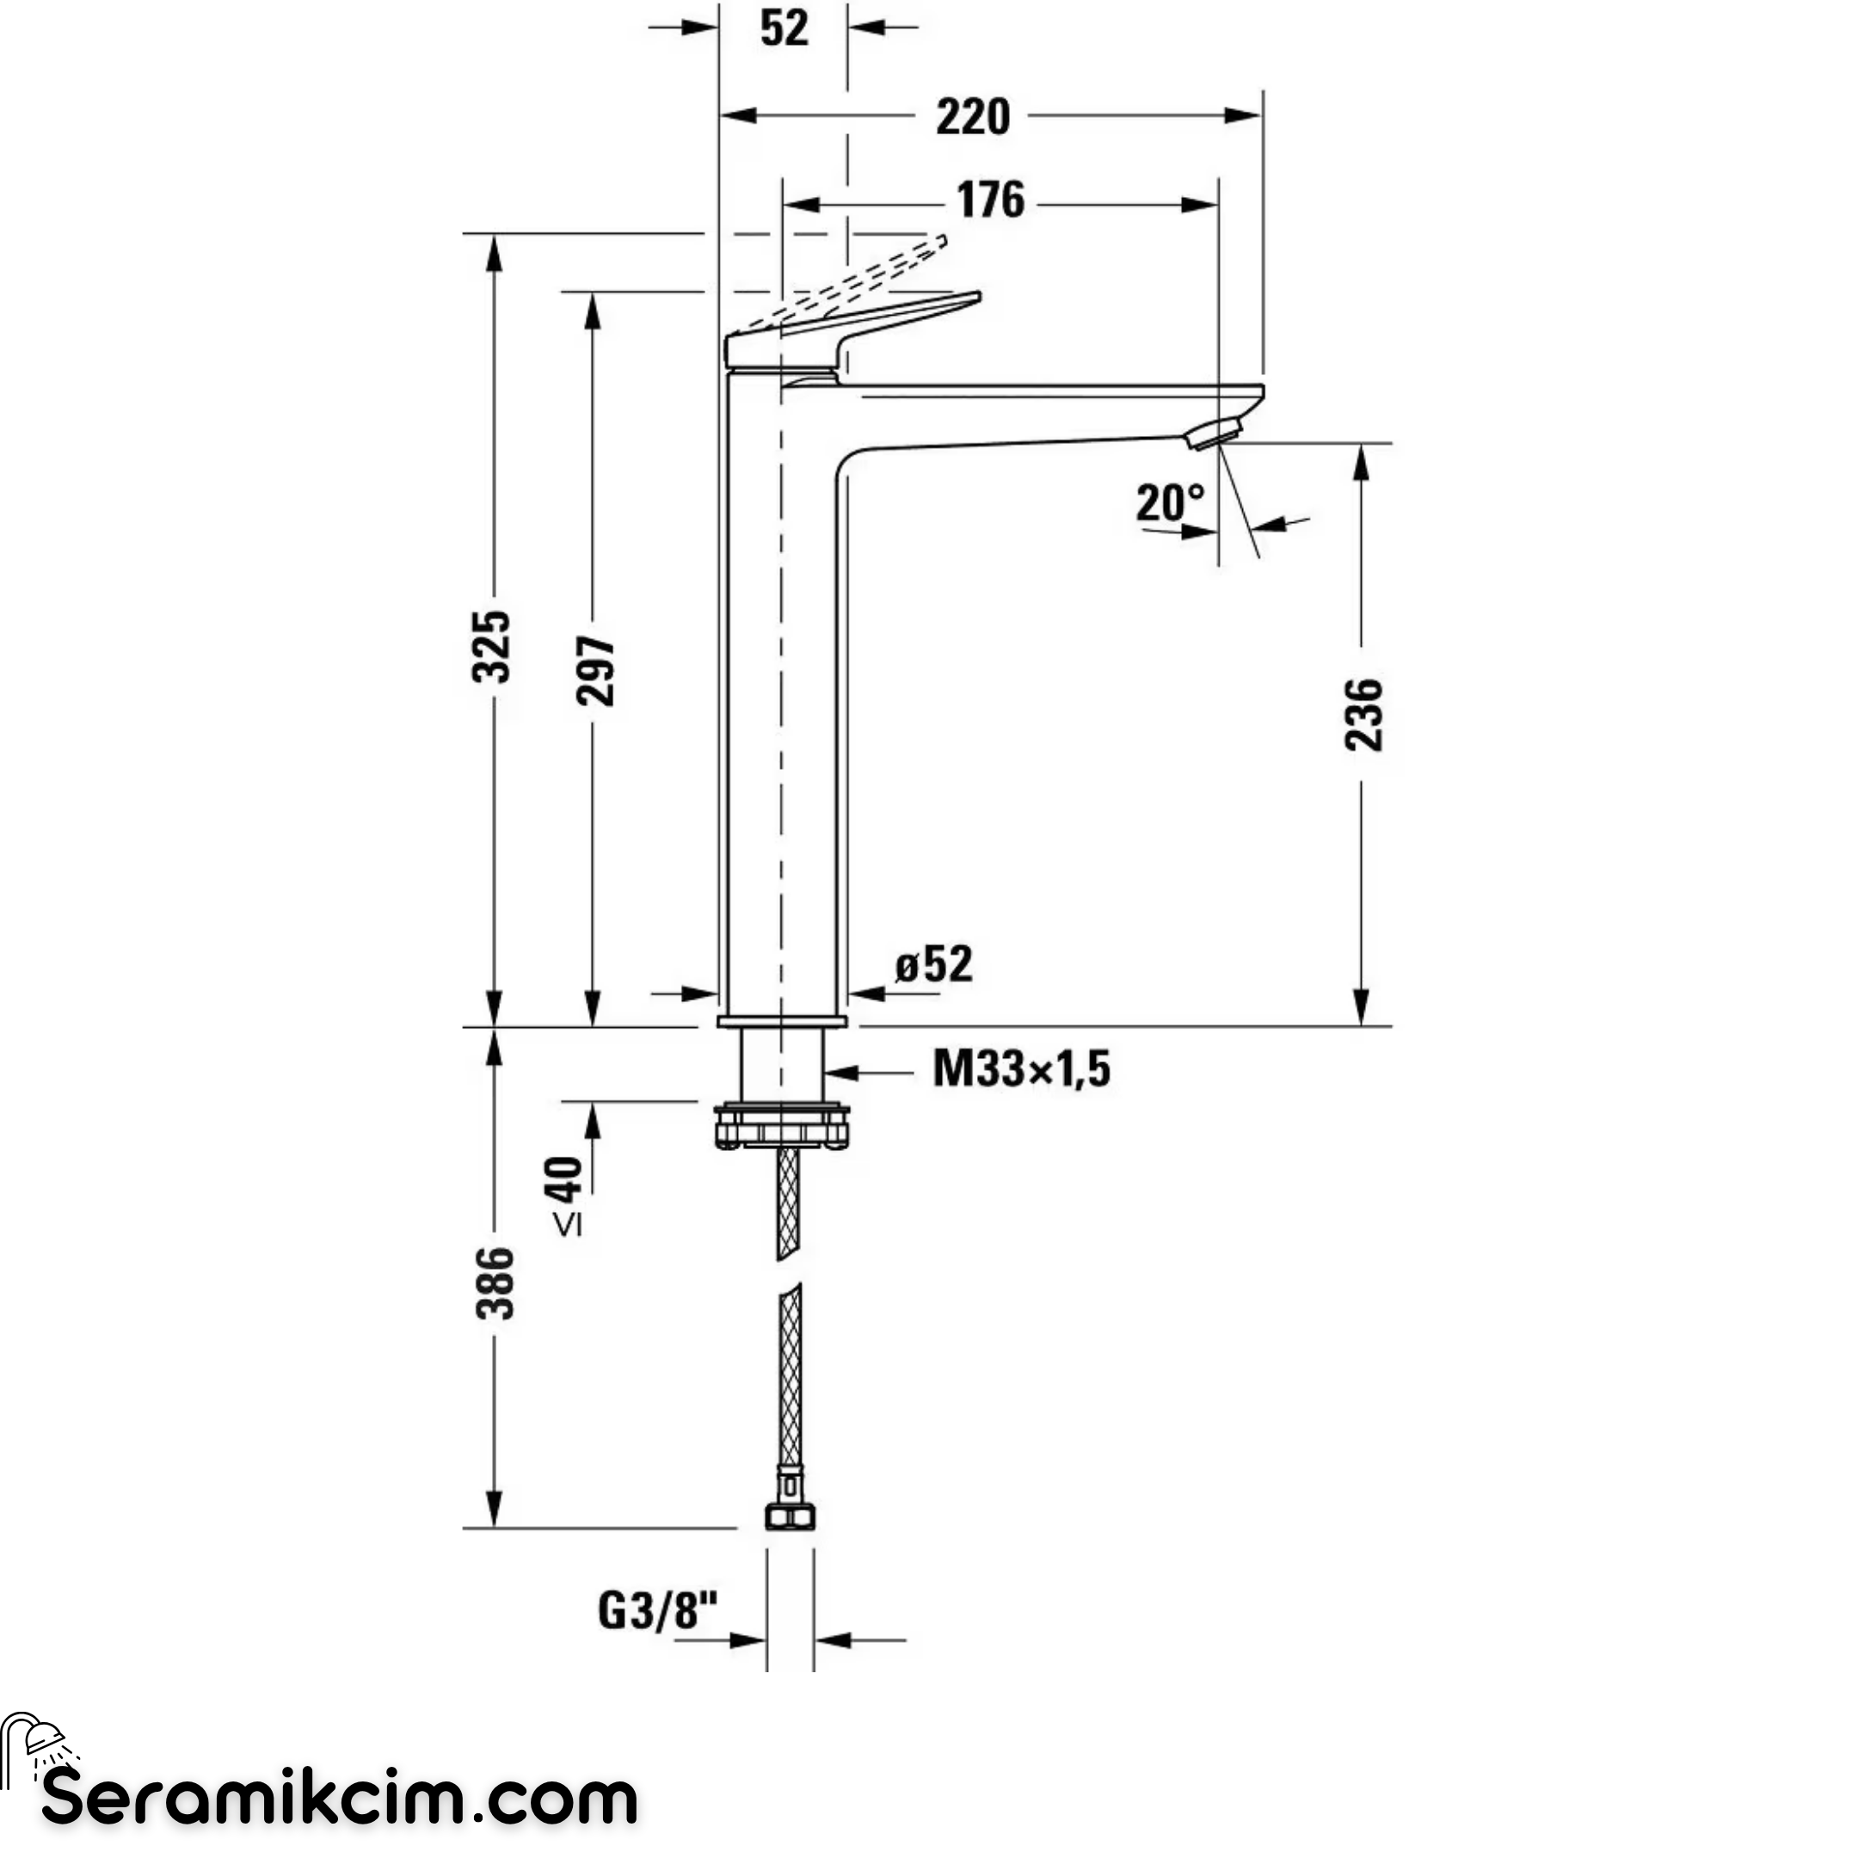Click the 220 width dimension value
click(973, 117)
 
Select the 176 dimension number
click(991, 200)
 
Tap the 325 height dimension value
click(492, 646)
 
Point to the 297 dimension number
click(596, 670)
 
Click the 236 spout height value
click(1363, 715)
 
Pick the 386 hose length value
click(495, 1283)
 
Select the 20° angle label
click(1170, 502)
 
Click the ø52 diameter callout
click(934, 963)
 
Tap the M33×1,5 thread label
click(1021, 1068)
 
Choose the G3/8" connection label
click(658, 1610)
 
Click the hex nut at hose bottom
click(790, 1517)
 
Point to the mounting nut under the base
click(782, 1125)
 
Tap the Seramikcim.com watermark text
click(341, 1798)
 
